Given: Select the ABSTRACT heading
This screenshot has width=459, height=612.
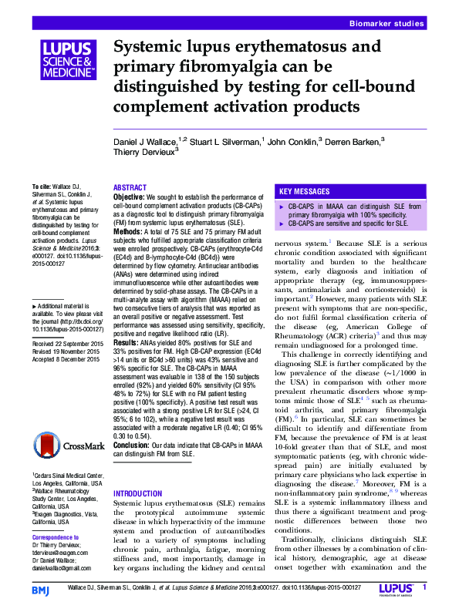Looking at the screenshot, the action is (x=130, y=188).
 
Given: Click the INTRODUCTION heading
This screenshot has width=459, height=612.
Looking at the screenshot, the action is (x=139, y=493).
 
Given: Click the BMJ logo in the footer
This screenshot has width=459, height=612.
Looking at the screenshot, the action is (x=41, y=590).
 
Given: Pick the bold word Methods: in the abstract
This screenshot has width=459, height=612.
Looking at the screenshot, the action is (x=128, y=231).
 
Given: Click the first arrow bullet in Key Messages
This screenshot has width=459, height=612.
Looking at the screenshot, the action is (x=280, y=207).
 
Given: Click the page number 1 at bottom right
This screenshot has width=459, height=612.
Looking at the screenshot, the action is (x=424, y=588).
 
